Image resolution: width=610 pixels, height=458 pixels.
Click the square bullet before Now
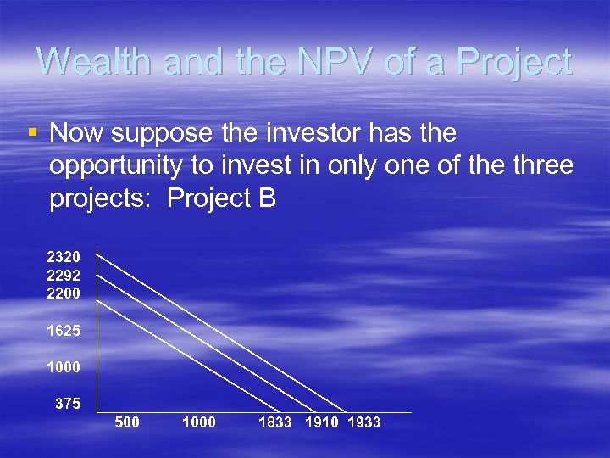pyautogui.click(x=32, y=132)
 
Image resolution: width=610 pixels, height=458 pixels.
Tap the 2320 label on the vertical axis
pyautogui.click(x=64, y=256)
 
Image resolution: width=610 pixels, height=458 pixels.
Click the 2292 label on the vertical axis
pyautogui.click(x=64, y=276)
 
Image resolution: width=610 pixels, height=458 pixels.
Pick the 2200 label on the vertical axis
pyautogui.click(x=64, y=293)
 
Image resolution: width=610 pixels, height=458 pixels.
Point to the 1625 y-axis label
pyautogui.click(x=64, y=332)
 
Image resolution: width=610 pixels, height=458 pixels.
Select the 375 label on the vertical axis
pyautogui.click(x=68, y=405)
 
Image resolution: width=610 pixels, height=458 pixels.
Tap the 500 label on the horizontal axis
pyautogui.click(x=126, y=422)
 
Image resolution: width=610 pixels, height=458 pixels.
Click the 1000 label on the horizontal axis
pyautogui.click(x=199, y=422)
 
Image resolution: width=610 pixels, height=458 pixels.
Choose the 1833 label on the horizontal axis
pyautogui.click(x=275, y=422)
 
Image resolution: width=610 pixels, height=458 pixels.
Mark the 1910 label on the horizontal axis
pyautogui.click(x=321, y=422)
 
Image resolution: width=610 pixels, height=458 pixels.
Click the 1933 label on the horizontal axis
pyautogui.click(x=364, y=422)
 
